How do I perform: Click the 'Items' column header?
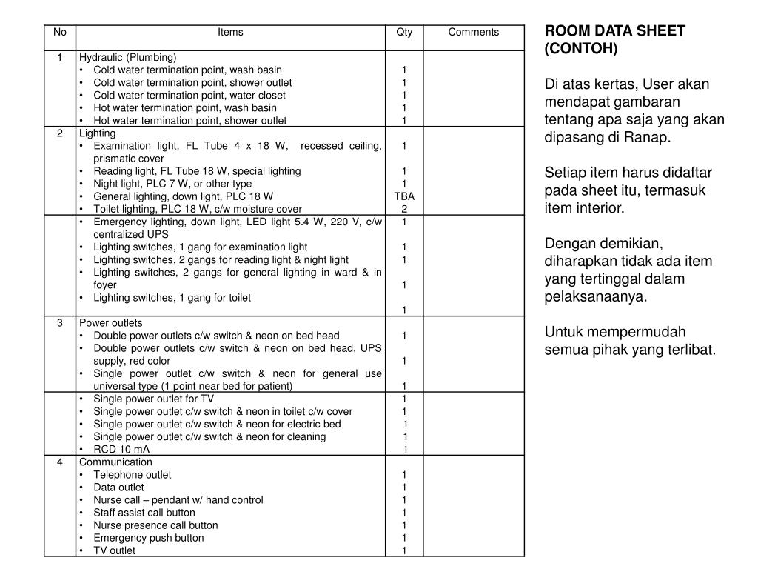coord(230,32)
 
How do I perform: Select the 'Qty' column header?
coord(404,32)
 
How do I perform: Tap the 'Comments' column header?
coord(474,32)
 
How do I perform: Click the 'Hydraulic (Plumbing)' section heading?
coord(128,57)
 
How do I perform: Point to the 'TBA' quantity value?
coord(404,196)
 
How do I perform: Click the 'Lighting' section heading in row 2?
coord(98,133)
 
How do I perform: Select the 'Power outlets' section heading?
coord(111,323)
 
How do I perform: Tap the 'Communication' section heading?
coord(115,462)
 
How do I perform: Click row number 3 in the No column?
coord(60,323)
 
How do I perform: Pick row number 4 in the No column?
coord(60,462)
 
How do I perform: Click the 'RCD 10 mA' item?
coord(121,449)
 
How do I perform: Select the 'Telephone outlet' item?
coord(132,475)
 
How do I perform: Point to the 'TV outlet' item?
coord(114,550)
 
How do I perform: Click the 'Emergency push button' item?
coord(148,538)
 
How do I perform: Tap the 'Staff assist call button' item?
coord(144,513)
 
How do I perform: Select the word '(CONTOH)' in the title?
coord(580,49)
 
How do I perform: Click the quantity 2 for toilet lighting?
coord(404,209)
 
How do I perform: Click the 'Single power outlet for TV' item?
coord(153,399)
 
